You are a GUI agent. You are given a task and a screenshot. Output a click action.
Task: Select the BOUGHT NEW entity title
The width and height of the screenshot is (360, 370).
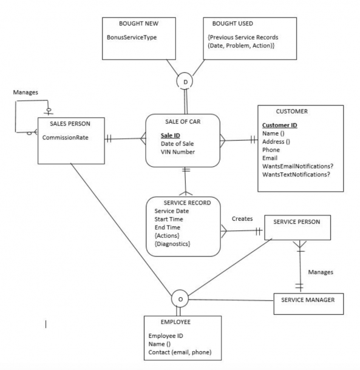coord(138,24)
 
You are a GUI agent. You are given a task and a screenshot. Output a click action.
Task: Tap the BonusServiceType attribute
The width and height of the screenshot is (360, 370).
coord(132,38)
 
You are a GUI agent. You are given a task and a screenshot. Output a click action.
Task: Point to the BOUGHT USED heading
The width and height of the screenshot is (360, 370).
coord(233,24)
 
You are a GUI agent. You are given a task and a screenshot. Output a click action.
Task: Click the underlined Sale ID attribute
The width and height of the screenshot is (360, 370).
coord(171,135)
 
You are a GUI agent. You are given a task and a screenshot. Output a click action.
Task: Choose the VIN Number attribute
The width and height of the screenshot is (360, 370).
coord(178,152)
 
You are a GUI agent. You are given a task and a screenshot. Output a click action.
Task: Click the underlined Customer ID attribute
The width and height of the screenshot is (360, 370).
coord(280,126)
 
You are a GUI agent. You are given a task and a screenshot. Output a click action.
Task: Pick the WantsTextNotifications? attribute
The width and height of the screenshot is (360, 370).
coord(296,175)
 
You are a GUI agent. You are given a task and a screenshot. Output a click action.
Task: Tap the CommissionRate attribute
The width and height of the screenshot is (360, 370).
coord(65,138)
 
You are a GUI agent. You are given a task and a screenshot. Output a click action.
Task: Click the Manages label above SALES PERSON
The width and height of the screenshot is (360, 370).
coord(25,92)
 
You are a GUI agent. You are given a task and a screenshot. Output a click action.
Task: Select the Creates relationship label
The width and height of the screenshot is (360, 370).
coord(242,219)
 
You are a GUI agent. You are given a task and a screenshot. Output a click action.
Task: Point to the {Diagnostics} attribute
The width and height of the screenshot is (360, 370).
coord(172,244)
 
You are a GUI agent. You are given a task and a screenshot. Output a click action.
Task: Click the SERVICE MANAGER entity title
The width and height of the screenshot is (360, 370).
coord(308,300)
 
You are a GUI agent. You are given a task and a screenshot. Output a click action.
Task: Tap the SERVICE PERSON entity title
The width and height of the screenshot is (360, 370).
coord(297,222)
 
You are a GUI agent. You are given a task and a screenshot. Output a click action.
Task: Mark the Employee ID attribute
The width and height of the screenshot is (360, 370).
coord(166,336)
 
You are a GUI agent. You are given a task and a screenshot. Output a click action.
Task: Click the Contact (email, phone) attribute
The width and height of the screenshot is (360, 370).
coord(180,352)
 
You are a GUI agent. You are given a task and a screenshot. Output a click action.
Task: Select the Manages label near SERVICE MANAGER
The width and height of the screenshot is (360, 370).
coord(321,272)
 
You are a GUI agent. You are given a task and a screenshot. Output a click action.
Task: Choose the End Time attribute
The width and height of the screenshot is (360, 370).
coord(167,227)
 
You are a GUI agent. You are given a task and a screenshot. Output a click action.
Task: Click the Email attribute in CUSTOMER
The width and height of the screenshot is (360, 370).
coord(270,158)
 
